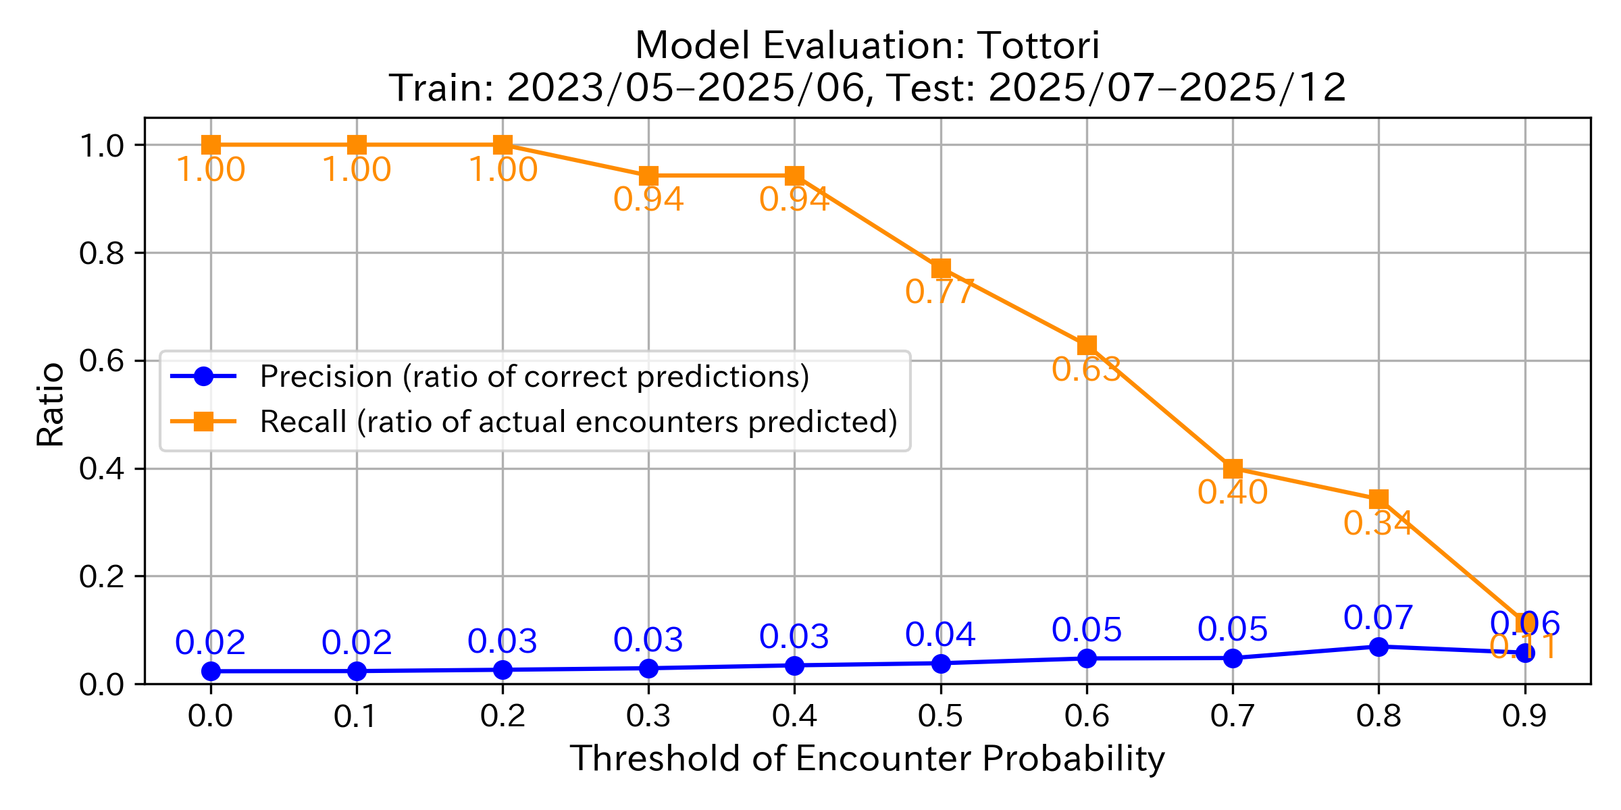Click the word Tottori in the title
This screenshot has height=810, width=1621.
(x=1039, y=46)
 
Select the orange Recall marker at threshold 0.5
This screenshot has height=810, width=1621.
(x=941, y=269)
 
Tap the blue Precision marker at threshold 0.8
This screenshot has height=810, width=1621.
(x=1379, y=647)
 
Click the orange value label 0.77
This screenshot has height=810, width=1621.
(x=939, y=292)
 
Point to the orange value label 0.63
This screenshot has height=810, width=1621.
(x=1086, y=370)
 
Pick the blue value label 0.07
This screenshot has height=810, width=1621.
(x=1378, y=618)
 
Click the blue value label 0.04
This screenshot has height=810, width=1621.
(x=940, y=634)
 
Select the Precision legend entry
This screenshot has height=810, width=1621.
(x=534, y=377)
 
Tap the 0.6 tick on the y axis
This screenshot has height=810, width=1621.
(x=101, y=360)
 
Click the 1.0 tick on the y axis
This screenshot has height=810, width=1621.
(x=101, y=145)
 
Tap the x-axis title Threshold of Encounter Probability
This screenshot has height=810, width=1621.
(x=867, y=759)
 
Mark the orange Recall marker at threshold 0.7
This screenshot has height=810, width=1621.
(x=1233, y=468)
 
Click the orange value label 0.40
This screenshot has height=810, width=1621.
(x=1232, y=493)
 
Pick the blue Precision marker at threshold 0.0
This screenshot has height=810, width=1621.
(x=211, y=671)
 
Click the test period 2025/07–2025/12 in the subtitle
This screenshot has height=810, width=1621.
(x=1167, y=88)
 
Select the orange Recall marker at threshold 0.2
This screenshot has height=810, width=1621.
(x=503, y=144)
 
